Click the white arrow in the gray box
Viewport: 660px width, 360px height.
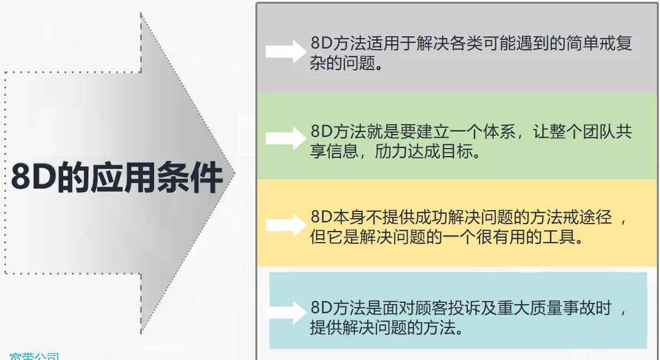click(285, 51)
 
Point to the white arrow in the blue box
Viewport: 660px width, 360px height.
click(285, 313)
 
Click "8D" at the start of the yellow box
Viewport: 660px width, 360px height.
click(321, 218)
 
